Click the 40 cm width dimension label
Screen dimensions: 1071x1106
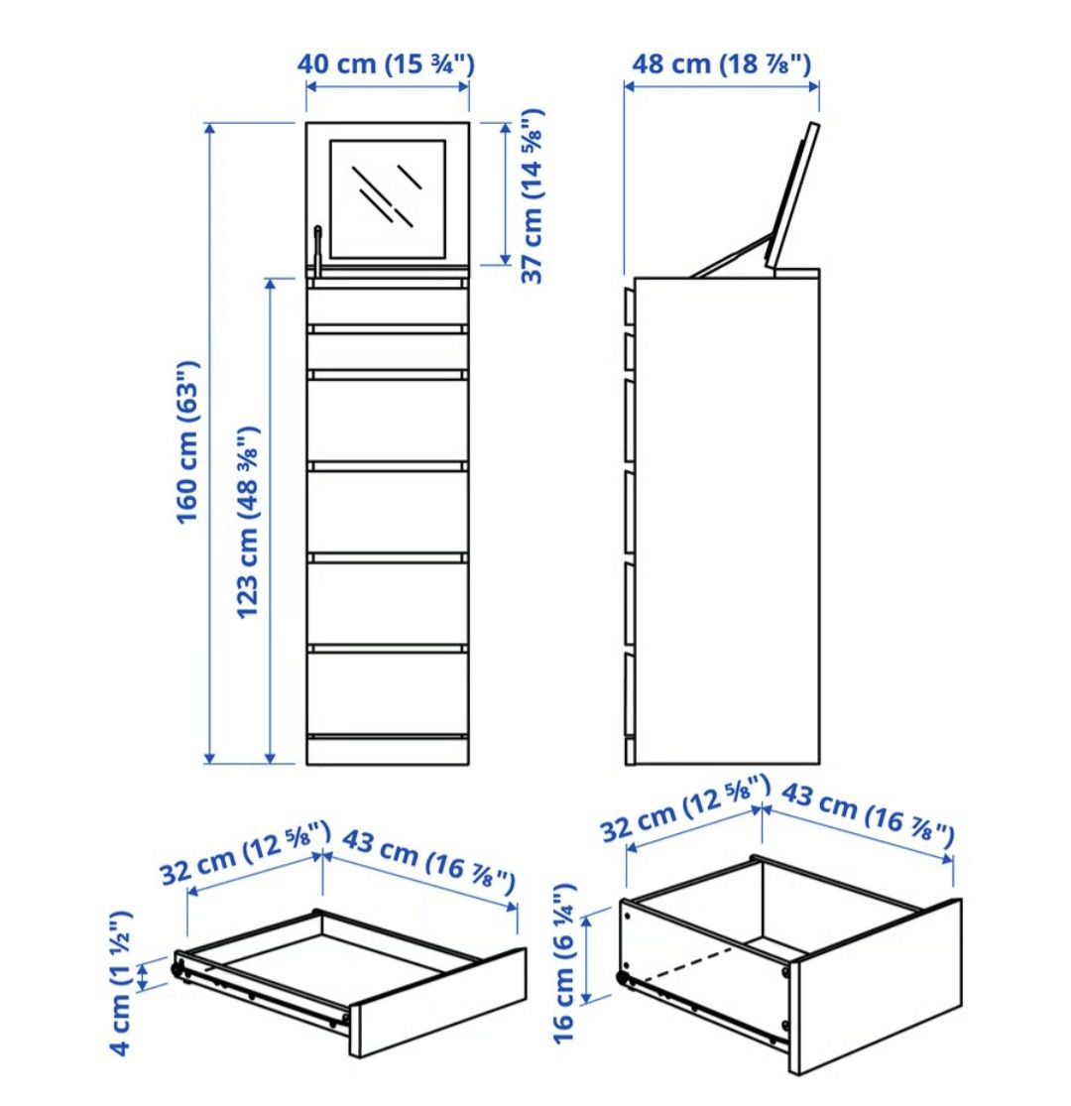[386, 63]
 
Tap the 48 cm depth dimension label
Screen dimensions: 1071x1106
[721, 63]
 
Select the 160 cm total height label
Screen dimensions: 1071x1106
[187, 442]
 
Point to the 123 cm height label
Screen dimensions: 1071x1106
[248, 523]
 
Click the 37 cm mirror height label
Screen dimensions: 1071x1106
[532, 196]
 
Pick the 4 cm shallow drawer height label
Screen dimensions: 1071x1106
[121, 983]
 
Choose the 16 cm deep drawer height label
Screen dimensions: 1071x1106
[564, 963]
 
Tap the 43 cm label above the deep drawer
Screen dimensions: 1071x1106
[868, 814]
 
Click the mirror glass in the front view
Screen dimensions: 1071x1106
[388, 199]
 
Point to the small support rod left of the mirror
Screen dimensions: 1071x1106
[318, 249]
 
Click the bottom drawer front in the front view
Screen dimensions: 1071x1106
[388, 693]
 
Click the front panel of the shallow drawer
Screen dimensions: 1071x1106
[438, 1002]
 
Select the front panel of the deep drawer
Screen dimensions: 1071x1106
[875, 987]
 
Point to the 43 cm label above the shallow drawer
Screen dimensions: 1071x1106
[429, 862]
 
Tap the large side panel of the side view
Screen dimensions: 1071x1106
[727, 521]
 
